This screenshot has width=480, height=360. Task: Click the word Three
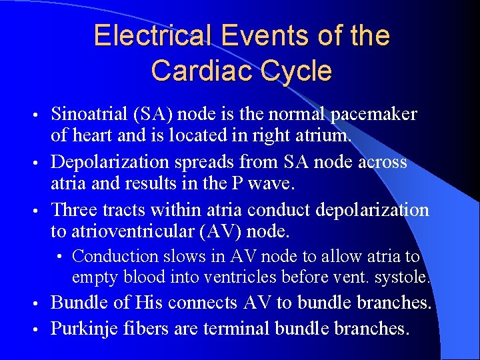[73, 210]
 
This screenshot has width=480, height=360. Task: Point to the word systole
[407, 275]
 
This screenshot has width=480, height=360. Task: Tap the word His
[149, 303]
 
